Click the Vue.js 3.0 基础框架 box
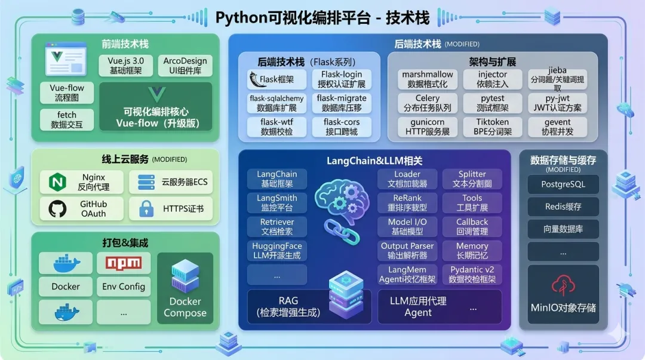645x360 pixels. pyautogui.click(x=126, y=66)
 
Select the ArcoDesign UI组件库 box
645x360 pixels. pyautogui.click(x=185, y=66)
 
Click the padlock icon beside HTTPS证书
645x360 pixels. pyautogui.click(x=146, y=209)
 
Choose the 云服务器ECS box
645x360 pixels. pyautogui.click(x=171, y=182)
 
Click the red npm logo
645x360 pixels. pyautogui.click(x=123, y=263)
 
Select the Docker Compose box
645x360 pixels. pyautogui.click(x=185, y=288)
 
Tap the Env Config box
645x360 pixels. pyautogui.click(x=123, y=287)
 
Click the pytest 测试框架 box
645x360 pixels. pyautogui.click(x=493, y=103)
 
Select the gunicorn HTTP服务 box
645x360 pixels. pyautogui.click(x=427, y=127)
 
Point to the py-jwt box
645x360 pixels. pyautogui.click(x=558, y=103)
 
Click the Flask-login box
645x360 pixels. pyautogui.click(x=342, y=79)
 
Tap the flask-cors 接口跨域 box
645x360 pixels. pyautogui.click(x=342, y=127)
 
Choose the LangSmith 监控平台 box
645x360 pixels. pyautogui.click(x=277, y=203)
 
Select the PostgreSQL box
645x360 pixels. pyautogui.click(x=563, y=184)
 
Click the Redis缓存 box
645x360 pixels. pyautogui.click(x=563, y=207)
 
